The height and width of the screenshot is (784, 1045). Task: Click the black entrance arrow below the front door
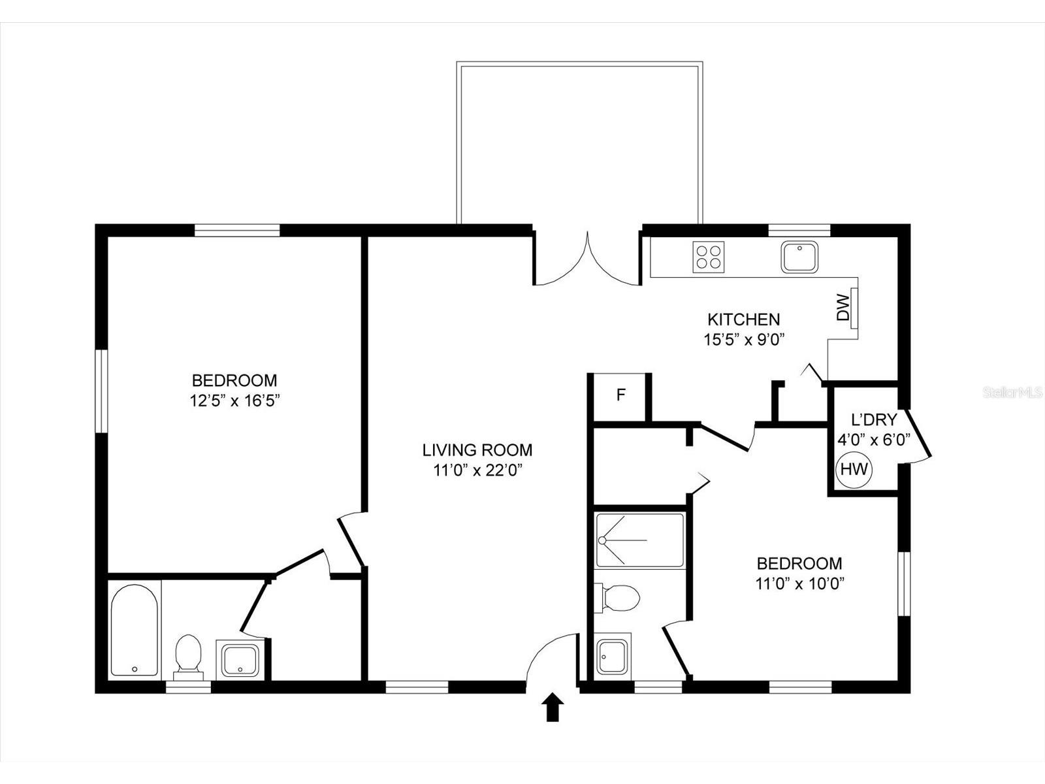(x=553, y=707)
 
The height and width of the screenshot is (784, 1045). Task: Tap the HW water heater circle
(x=854, y=470)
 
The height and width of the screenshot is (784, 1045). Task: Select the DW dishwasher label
(x=843, y=308)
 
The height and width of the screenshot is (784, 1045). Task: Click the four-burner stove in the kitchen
(x=709, y=257)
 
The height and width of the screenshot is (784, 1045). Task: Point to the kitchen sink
(x=799, y=257)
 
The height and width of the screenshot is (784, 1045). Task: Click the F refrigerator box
(x=620, y=395)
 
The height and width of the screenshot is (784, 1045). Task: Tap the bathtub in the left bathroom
(x=135, y=630)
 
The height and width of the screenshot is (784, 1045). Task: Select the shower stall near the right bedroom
(x=640, y=540)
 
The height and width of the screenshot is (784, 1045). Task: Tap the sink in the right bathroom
(x=613, y=657)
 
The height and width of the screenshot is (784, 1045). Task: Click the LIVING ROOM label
(x=477, y=450)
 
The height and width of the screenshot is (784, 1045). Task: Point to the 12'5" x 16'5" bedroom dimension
(x=234, y=400)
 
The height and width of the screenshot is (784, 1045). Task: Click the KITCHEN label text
(x=744, y=318)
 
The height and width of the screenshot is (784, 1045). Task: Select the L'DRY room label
(x=874, y=419)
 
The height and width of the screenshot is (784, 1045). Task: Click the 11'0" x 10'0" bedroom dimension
(x=800, y=583)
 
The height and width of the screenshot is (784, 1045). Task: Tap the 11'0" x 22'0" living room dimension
(x=477, y=470)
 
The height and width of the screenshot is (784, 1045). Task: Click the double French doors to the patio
(x=587, y=259)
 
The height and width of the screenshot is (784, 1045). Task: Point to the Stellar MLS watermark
(x=1012, y=393)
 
